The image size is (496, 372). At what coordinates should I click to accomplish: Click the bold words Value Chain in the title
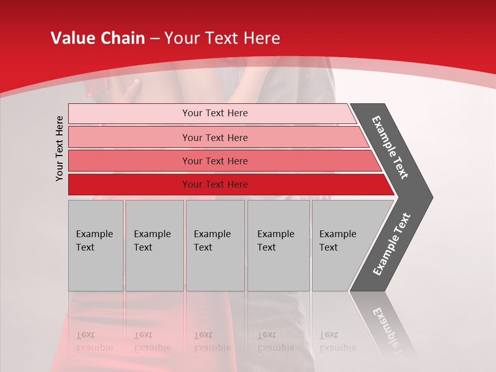point(98,38)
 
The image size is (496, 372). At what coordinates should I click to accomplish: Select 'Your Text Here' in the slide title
point(222,38)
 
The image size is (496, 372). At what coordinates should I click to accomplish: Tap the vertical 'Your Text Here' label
point(59,148)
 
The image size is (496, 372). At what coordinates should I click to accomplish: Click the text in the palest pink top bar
point(215,113)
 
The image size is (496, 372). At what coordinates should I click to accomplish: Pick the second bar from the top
point(215,137)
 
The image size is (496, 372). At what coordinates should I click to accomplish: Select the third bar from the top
point(215,161)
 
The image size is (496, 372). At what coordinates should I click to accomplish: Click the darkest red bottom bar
point(215,184)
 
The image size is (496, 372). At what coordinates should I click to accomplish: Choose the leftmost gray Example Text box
point(96,245)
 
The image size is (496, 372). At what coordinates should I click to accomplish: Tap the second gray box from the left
point(154,245)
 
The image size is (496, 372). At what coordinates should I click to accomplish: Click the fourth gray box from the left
point(278,245)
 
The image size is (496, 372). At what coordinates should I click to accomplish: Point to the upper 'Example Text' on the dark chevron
point(390,147)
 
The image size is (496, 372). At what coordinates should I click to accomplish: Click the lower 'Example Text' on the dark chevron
point(392,244)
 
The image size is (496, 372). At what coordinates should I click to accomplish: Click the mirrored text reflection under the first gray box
point(95,342)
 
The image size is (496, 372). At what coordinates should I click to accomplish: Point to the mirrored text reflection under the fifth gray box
point(338,342)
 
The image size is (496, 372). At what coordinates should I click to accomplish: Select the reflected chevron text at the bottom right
point(388,331)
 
